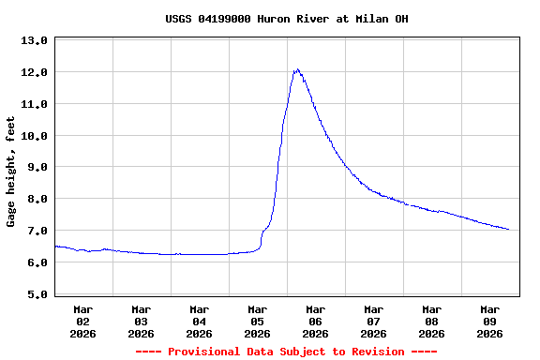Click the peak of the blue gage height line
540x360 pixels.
pyautogui.click(x=297, y=69)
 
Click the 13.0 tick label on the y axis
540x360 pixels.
pyautogui.click(x=34, y=41)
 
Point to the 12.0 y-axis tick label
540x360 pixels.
pyautogui.click(x=34, y=73)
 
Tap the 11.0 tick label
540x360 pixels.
pyautogui.click(x=34, y=105)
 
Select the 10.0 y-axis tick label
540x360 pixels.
pyautogui.click(x=34, y=137)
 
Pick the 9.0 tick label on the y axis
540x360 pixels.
pyautogui.click(x=34, y=168)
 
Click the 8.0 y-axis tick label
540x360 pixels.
pyautogui.click(x=34, y=200)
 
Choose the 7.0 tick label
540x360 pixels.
pyautogui.click(x=34, y=232)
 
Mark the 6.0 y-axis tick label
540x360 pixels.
pyautogui.click(x=34, y=263)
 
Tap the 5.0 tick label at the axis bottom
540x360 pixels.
pyautogui.click(x=34, y=295)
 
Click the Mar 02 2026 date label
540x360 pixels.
pyautogui.click(x=83, y=321)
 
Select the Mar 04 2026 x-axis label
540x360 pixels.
pyautogui.click(x=200, y=321)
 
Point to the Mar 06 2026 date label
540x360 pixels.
pyautogui.click(x=316, y=321)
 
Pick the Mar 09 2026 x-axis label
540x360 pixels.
pyautogui.click(x=490, y=321)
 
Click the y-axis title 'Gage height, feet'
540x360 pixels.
pyautogui.click(x=11, y=172)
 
